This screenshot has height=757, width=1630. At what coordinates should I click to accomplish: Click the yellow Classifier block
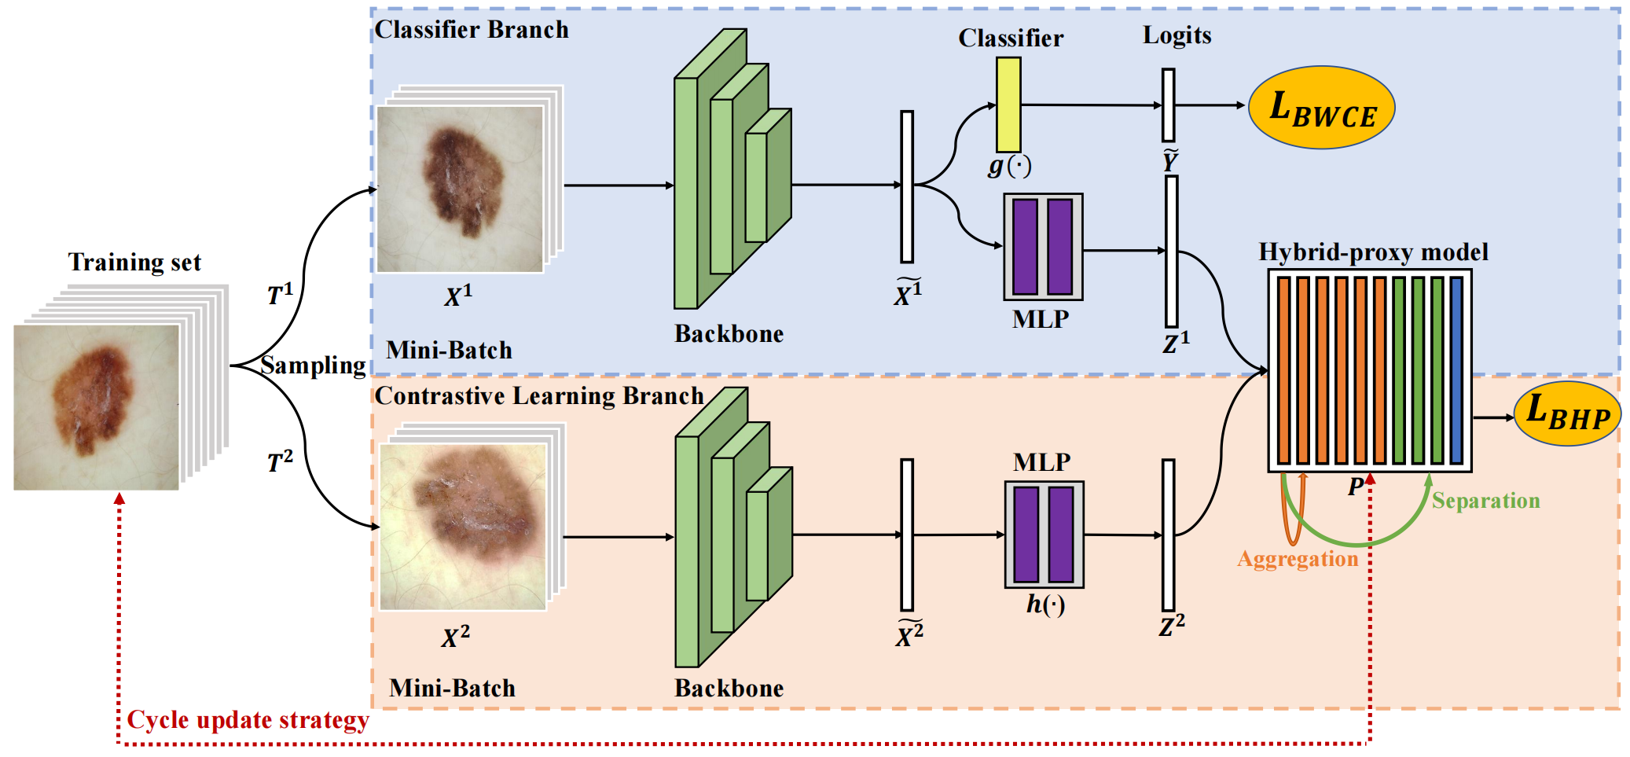pyautogui.click(x=1008, y=105)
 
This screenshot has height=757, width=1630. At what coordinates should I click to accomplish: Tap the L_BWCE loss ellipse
pyautogui.click(x=1322, y=107)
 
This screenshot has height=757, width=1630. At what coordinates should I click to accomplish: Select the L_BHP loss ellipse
pyautogui.click(x=1567, y=413)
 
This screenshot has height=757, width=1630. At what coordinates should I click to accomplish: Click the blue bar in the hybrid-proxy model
pyautogui.click(x=1456, y=370)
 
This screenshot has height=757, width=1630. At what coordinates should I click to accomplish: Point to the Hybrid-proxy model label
pyautogui.click(x=1373, y=252)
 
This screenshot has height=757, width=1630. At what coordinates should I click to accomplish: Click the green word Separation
pyautogui.click(x=1485, y=501)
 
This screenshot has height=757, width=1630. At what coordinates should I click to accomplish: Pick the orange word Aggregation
pyautogui.click(x=1298, y=559)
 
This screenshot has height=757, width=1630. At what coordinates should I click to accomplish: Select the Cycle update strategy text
pyautogui.click(x=248, y=720)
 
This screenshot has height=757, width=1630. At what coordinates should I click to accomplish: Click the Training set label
pyautogui.click(x=134, y=262)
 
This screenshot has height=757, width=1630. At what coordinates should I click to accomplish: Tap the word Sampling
pyautogui.click(x=313, y=366)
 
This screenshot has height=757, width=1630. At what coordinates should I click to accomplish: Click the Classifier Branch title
pyautogui.click(x=472, y=30)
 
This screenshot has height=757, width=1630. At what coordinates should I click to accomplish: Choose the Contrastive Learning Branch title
pyautogui.click(x=539, y=395)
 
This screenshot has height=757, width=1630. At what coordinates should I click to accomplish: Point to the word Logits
pyautogui.click(x=1177, y=35)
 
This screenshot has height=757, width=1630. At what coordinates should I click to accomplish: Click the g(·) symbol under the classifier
pyautogui.click(x=1010, y=166)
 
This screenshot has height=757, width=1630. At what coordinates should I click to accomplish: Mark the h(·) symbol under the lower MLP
pyautogui.click(x=1045, y=604)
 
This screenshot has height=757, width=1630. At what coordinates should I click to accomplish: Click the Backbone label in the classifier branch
pyautogui.click(x=729, y=334)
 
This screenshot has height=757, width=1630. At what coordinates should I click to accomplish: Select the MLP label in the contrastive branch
pyautogui.click(x=1041, y=462)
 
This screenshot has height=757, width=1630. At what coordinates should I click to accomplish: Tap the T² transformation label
pyautogui.click(x=280, y=461)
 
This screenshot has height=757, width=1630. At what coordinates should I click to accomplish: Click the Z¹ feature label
pyautogui.click(x=1176, y=343)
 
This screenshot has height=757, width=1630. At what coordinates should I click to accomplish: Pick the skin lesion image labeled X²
pyautogui.click(x=463, y=527)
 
